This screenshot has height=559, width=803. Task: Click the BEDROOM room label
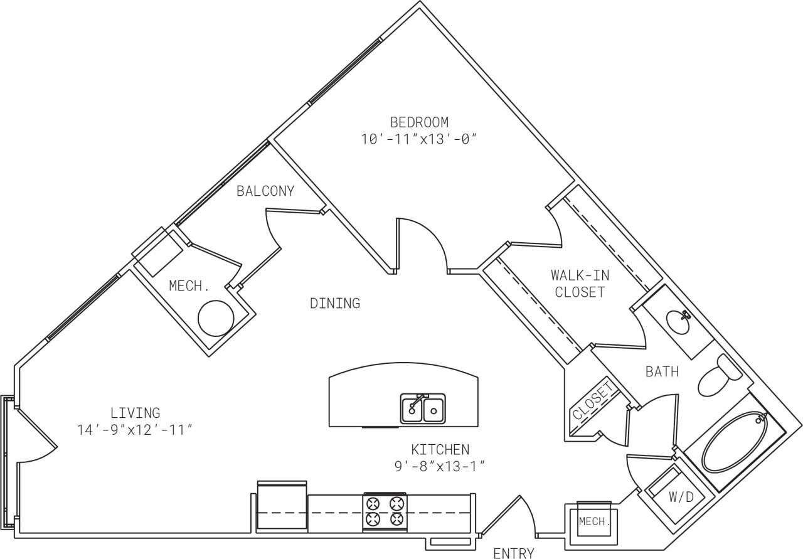[x=419, y=122]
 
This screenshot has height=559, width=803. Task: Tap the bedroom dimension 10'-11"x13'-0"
[x=419, y=139]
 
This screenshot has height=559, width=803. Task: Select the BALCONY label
[x=265, y=191]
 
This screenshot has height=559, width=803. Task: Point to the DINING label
[x=335, y=304]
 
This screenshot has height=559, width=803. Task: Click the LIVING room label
[x=135, y=413]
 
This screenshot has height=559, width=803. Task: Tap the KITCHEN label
[x=440, y=449]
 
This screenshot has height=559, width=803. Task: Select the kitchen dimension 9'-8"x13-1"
[x=440, y=466]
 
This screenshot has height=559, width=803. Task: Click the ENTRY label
[x=513, y=553]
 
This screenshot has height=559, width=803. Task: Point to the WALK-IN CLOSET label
[x=580, y=284]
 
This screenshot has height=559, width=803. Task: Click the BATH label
[x=662, y=372]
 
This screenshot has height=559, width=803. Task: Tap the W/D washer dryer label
[x=681, y=498]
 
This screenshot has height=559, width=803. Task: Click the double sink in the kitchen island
[x=423, y=409]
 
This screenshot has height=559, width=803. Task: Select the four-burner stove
[x=385, y=511]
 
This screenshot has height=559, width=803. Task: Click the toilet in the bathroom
[x=720, y=376]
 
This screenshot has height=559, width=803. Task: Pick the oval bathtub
[x=735, y=443]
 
